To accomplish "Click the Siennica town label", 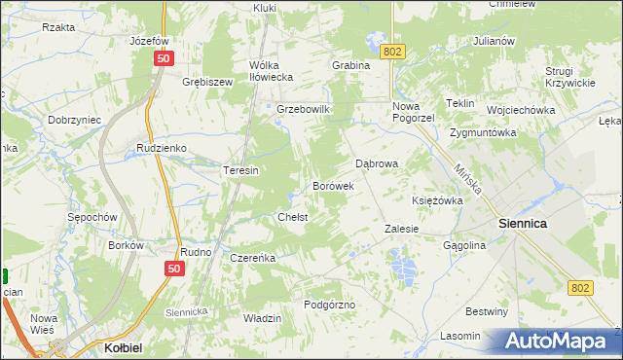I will tap(522, 223).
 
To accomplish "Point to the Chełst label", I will tap(293, 217).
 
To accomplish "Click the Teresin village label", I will tap(240, 170).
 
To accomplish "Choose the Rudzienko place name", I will tap(162, 149).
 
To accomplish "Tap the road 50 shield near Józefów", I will tap(163, 59).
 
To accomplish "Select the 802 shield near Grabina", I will tap(392, 51).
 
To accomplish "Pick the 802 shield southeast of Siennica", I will tap(581, 288).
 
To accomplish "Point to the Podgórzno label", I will tap(329, 305).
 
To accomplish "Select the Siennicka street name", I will tap(187, 311).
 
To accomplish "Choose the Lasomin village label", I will tap(460, 336).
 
